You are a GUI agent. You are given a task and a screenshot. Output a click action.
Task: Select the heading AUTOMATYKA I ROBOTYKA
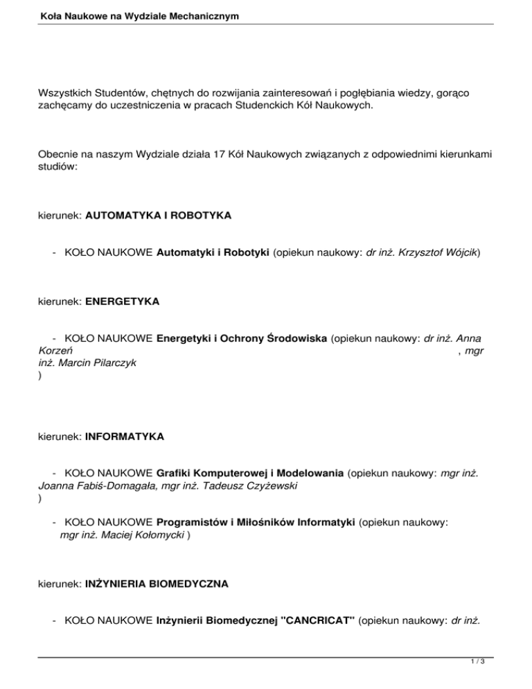158,216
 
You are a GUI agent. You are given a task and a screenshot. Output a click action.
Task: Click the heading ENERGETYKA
123,302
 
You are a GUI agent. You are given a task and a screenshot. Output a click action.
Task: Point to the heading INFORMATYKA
124,437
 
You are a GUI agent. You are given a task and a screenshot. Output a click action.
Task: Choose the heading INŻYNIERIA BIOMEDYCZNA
157,585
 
